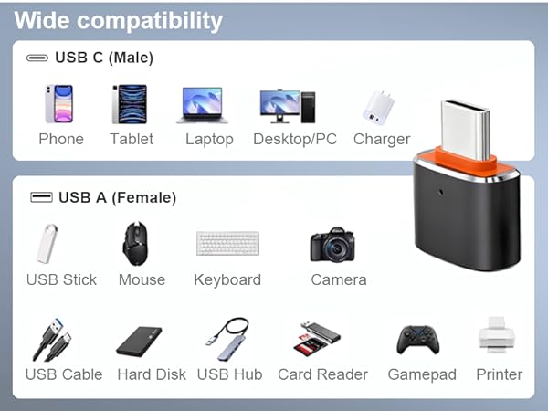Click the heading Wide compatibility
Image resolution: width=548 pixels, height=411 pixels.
(119, 20)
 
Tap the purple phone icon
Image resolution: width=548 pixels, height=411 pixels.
(59, 104)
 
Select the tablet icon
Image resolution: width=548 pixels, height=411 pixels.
(130, 104)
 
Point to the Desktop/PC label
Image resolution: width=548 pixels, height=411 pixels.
(295, 140)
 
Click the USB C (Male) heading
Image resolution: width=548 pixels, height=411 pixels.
(103, 58)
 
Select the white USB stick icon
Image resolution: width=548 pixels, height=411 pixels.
(48, 244)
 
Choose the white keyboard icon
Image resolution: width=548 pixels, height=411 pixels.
(227, 244)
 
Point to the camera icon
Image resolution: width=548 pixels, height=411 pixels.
(332, 245)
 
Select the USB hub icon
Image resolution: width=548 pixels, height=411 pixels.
(227, 338)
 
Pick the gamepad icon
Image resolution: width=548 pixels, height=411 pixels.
(420, 341)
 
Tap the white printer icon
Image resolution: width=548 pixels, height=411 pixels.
(499, 337)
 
